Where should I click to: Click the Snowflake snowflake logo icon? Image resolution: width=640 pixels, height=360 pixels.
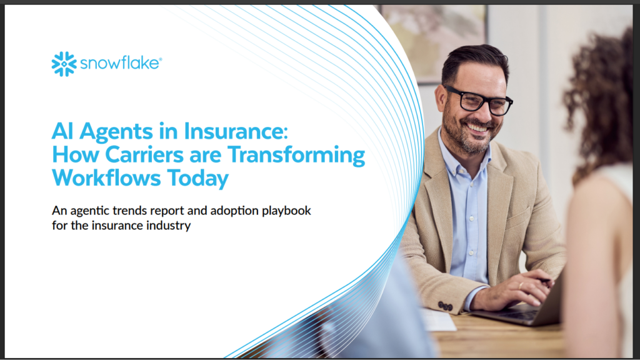64,64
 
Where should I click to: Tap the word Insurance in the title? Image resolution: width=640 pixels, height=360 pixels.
236,131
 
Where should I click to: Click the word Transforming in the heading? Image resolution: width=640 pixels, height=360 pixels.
296,156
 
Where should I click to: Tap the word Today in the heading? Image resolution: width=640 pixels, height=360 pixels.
198,179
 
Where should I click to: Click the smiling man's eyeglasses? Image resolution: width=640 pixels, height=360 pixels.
478,99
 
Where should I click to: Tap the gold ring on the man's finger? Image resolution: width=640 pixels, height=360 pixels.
521,285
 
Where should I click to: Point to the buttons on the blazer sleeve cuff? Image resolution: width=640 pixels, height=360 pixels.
445,306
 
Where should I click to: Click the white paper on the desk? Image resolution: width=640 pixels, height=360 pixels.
438,320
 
